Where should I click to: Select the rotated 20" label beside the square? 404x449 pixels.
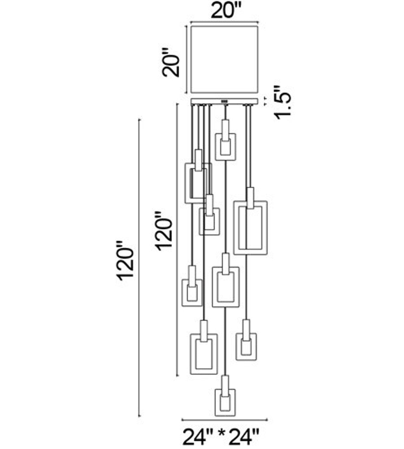tap(171, 61)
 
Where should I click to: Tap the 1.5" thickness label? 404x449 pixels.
tap(283, 102)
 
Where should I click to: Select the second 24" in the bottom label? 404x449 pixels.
tap(245, 437)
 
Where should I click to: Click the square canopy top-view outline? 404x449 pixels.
tap(224, 60)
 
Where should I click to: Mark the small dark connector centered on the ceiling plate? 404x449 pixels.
tap(224, 102)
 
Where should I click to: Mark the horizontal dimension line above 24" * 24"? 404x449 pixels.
tap(224, 420)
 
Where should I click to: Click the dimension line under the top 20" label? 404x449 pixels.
tap(224, 23)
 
